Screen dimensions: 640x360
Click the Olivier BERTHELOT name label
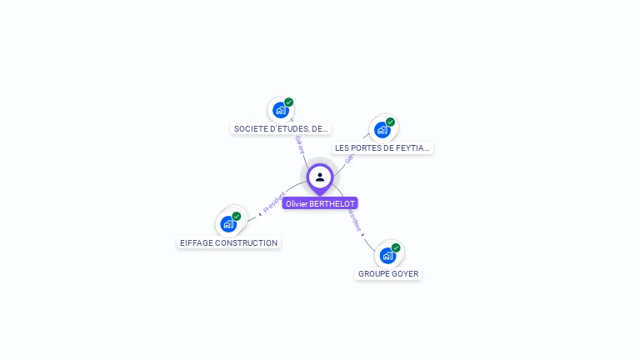pos(320,203)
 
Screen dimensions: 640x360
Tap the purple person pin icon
pos(320,177)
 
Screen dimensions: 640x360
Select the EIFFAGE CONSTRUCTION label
pos(229,243)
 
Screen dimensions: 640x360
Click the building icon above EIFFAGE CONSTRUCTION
pos(228,224)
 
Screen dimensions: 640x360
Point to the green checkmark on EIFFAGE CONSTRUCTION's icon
pos(237,217)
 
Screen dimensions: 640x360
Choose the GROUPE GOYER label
pos(388,274)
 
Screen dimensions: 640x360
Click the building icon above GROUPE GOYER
pos(387,255)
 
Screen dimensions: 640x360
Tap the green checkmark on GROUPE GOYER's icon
pos(396,247)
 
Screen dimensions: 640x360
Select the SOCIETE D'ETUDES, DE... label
pos(282,129)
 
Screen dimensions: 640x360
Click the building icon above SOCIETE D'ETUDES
pos(281,110)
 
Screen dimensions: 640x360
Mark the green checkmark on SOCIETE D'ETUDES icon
pos(289,102)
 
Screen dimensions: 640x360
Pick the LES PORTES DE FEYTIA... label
pos(382,148)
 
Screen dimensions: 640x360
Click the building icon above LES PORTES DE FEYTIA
pos(382,129)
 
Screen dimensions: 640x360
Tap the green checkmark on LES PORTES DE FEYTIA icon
pos(390,122)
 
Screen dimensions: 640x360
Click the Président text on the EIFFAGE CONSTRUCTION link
pos(273,202)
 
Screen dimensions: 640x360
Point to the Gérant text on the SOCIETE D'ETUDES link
pos(299,143)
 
